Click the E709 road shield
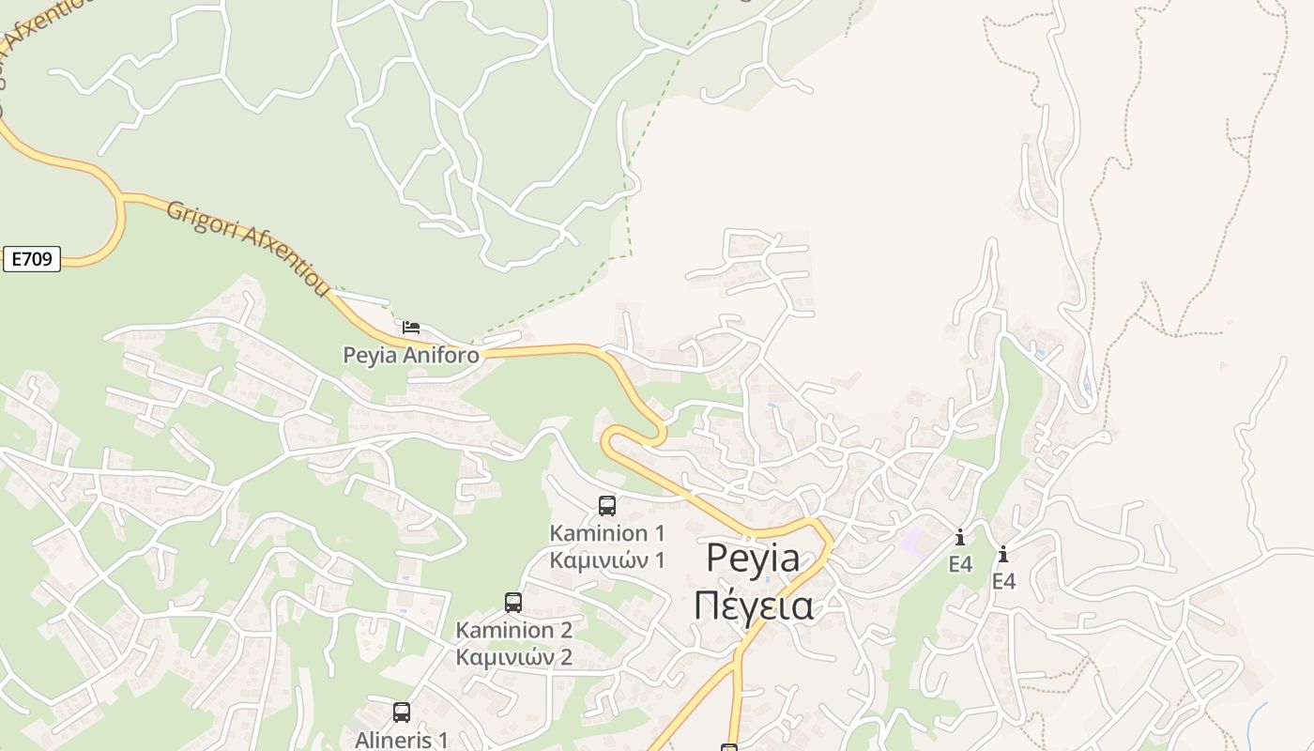tap(33, 259)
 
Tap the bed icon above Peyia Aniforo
tap(411, 328)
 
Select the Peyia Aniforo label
tap(410, 356)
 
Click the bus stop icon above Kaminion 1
tap(607, 506)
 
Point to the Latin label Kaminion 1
tap(607, 533)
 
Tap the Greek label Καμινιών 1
tap(607, 560)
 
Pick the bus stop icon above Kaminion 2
tap(513, 603)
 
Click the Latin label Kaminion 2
tap(513, 629)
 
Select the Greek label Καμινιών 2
tap(513, 656)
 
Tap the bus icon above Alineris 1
tap(402, 713)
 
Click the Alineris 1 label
tap(402, 739)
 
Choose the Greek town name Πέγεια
tap(753, 605)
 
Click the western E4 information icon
tap(960, 538)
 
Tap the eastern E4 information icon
tap(1003, 555)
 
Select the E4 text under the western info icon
tap(960, 564)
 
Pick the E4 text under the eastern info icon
tap(1003, 581)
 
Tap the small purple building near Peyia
tap(911, 541)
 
